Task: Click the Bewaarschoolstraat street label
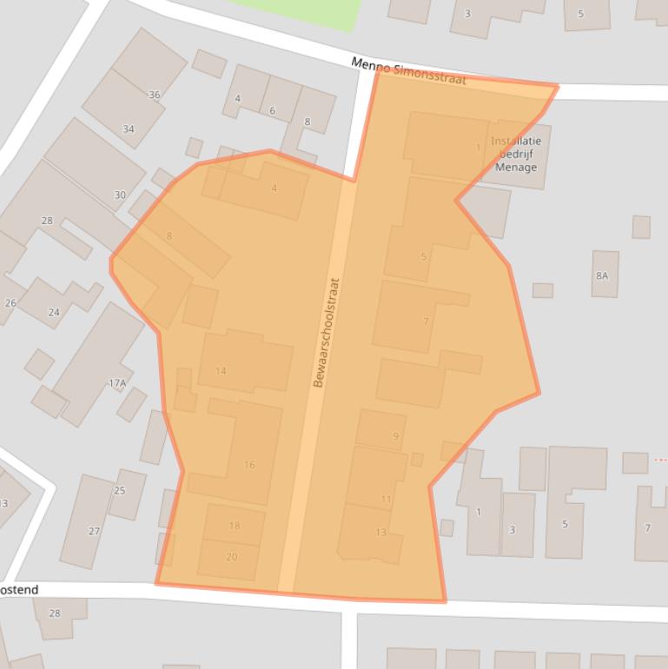[327, 332]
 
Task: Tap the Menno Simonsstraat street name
[409, 71]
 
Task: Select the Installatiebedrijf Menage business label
[516, 154]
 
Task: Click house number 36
[155, 95]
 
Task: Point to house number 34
[129, 129]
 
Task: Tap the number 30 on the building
[120, 195]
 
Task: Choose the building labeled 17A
[117, 382]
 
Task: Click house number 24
[54, 312]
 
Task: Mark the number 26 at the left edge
[10, 303]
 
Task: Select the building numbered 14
[221, 371]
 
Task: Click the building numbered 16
[249, 465]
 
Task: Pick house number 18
[235, 526]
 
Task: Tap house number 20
[231, 557]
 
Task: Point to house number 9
[396, 436]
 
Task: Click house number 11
[386, 499]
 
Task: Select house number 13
[380, 532]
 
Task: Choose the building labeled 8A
[602, 275]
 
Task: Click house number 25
[120, 490]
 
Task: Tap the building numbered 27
[94, 531]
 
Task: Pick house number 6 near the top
[272, 110]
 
